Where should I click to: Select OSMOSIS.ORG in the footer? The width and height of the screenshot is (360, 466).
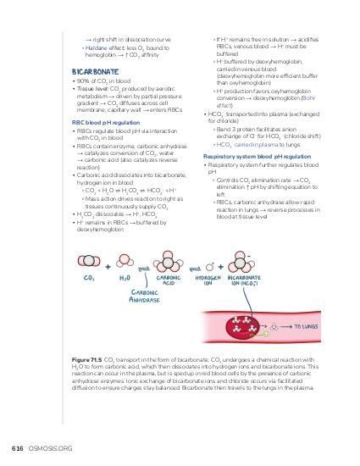click(x=48, y=447)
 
